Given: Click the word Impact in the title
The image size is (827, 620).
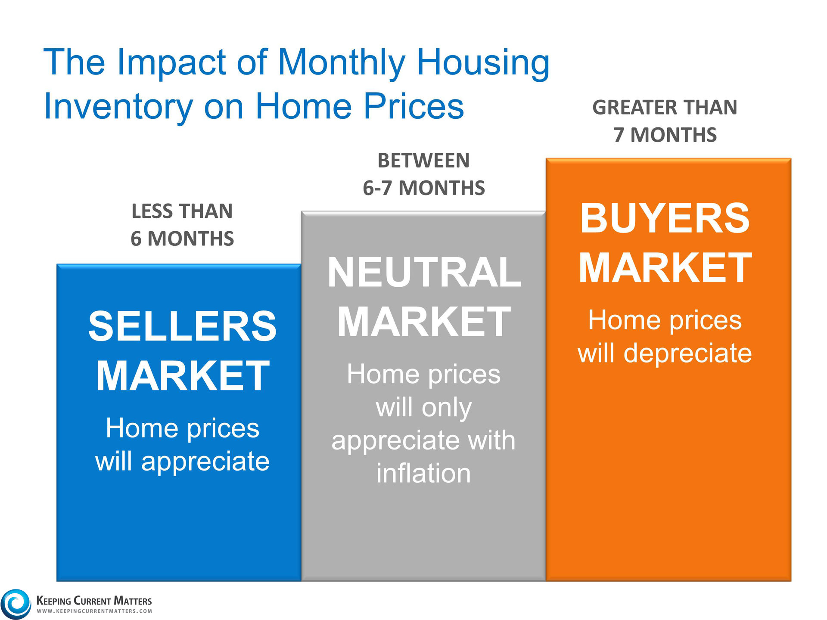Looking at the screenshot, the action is click(171, 63).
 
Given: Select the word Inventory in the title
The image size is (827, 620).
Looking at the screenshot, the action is click(118, 106).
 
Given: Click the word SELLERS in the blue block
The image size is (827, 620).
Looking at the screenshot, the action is click(182, 326).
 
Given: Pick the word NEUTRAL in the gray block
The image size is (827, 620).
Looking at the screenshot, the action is click(424, 272).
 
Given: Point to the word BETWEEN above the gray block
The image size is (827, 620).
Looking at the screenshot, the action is click(423, 161).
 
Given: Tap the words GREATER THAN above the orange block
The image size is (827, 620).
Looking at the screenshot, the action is click(665, 107).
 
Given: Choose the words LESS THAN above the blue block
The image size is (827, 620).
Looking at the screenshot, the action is click(182, 211).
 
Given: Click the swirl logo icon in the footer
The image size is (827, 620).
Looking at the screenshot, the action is click(16, 604).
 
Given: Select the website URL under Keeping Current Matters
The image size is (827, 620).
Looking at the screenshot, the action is click(94, 611).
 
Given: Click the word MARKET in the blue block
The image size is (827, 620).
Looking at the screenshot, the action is click(183, 376).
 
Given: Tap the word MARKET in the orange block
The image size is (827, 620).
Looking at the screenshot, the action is click(665, 268).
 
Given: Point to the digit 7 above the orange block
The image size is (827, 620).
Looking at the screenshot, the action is click(619, 135).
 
